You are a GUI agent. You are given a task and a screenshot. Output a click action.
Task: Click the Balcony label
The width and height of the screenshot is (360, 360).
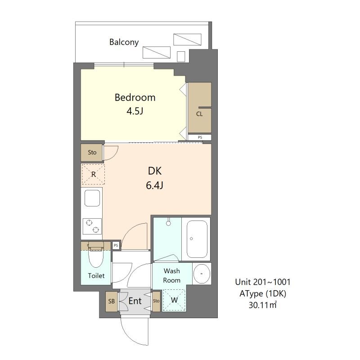tap(124, 42)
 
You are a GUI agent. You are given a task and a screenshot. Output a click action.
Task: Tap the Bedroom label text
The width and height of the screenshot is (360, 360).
tap(135, 98)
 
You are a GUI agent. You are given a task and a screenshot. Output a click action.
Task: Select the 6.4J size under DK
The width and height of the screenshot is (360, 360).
tap(154, 185)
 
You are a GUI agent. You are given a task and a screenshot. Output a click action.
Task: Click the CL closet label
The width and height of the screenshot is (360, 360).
tap(199, 114)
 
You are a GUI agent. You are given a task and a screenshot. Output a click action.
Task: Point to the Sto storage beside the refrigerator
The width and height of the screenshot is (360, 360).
tap(92, 153)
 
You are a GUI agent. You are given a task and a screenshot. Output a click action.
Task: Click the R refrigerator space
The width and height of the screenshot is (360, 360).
tap(93, 174)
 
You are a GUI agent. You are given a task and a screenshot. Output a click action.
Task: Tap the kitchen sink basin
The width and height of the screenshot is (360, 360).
tap(92, 198)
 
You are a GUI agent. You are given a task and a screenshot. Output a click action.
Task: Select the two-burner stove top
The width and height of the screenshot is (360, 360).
tap(92, 226)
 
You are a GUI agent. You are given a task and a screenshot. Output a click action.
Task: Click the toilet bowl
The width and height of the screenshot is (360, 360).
tap(96, 256)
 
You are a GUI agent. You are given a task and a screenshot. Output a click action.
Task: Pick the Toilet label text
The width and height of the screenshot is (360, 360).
tap(96, 275)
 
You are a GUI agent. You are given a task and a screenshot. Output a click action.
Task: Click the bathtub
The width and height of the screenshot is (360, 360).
tap(197, 239)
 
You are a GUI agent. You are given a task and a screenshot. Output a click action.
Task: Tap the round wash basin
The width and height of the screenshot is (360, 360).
tap(202, 274)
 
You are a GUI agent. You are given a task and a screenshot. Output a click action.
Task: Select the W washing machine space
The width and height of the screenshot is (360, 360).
tap(174, 300)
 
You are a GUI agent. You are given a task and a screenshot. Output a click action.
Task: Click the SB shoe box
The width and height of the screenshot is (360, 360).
tap(111, 301)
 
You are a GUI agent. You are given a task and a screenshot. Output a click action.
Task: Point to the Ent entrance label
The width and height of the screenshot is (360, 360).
tap(135, 301)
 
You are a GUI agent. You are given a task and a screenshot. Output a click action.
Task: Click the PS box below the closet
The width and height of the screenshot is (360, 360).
tap(199, 137)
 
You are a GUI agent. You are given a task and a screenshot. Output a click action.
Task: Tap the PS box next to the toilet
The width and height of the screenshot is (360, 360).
tap(116, 245)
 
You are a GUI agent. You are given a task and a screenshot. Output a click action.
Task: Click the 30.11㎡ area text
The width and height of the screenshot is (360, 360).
tap(263, 305)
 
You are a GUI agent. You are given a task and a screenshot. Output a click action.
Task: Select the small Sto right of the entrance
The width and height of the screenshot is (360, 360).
tap(156, 301)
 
